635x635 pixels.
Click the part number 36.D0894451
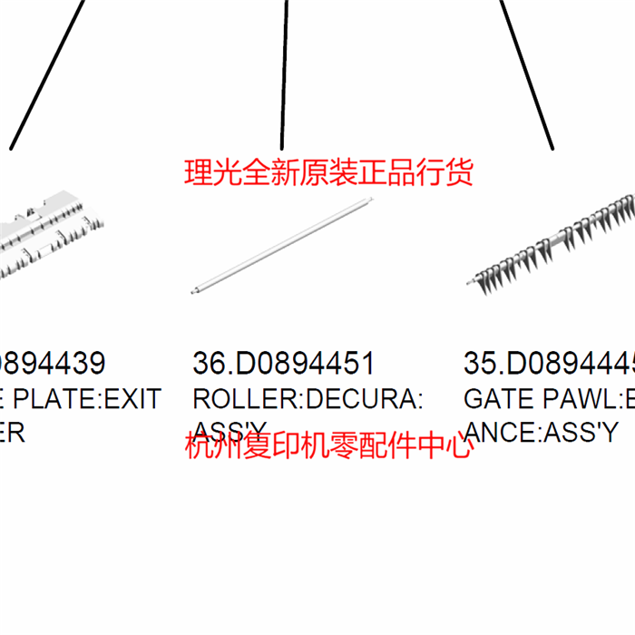coord(283,364)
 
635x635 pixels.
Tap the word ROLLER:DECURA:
coord(307,399)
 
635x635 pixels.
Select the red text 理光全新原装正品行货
coord(328,172)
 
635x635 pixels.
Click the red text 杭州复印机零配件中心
coord(328,446)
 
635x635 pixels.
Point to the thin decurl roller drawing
coord(283,243)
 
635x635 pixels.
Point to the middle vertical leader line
coord(285,73)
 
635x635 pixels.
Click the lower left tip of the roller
coord(195,291)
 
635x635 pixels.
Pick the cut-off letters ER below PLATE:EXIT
coord(11,433)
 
